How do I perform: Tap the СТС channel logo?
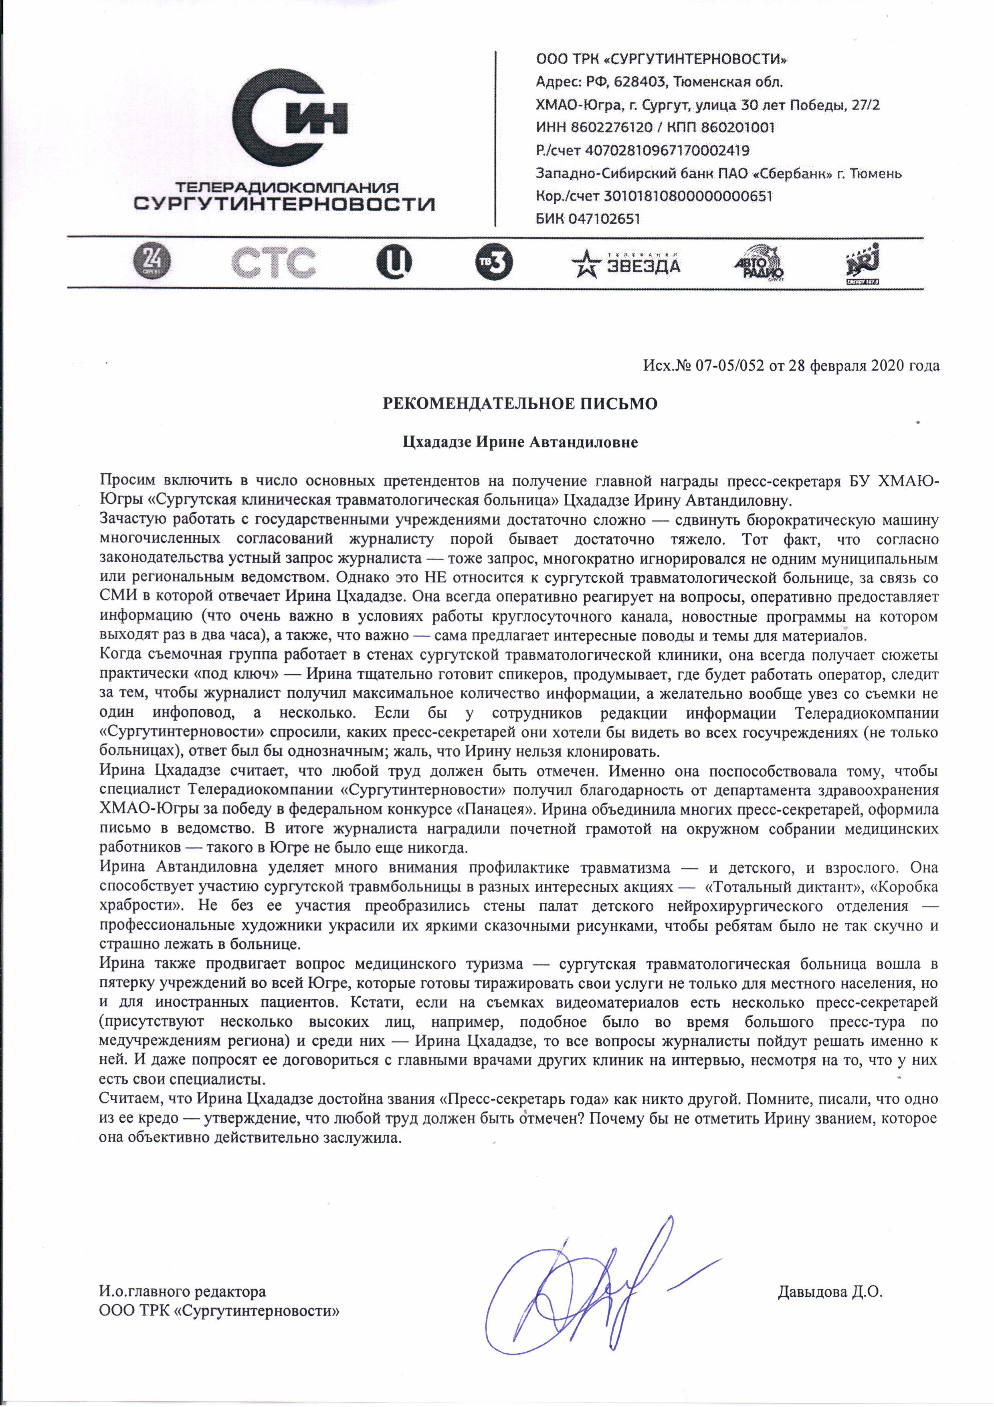point(274,262)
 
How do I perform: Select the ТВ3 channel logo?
point(494,263)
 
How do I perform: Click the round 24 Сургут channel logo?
point(152,262)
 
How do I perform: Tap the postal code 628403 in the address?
point(639,82)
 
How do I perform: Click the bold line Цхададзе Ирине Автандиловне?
point(520,442)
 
